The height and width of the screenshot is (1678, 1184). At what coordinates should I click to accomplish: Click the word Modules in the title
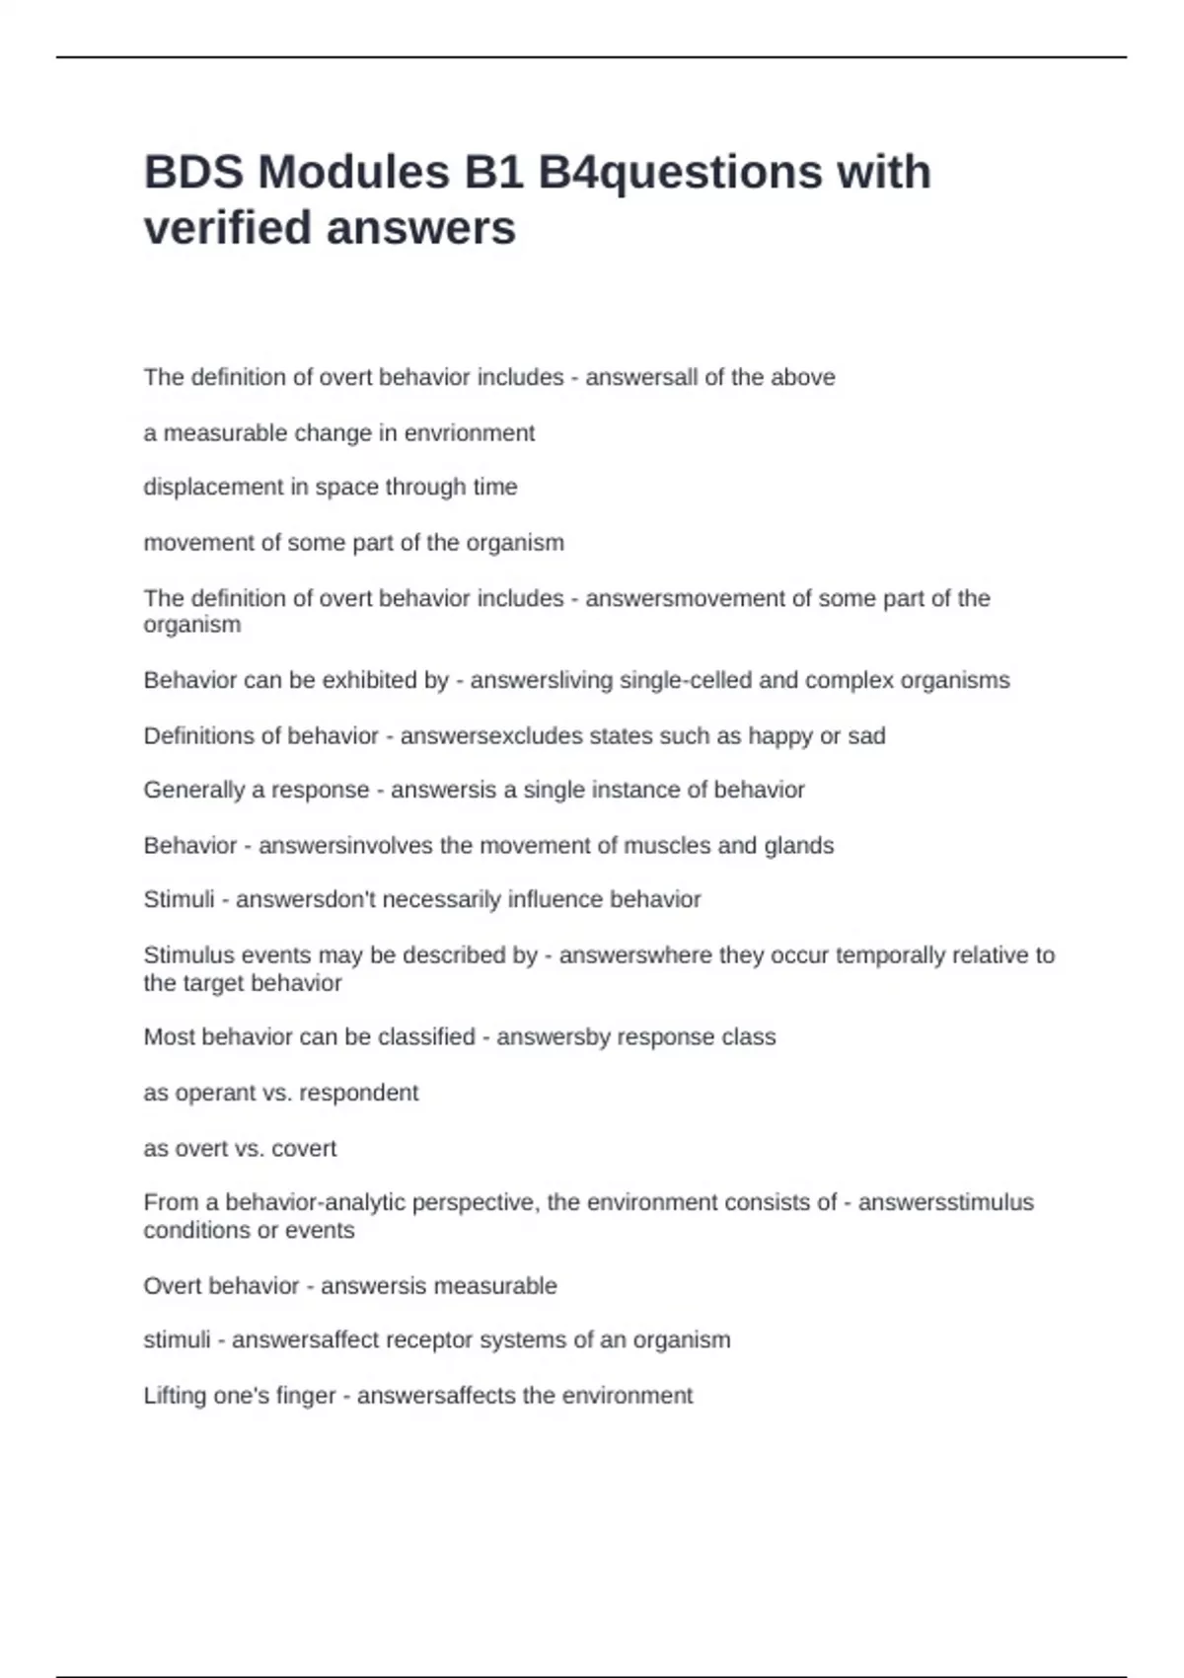pos(353,173)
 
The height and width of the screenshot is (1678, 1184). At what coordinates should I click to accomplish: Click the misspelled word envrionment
pos(470,432)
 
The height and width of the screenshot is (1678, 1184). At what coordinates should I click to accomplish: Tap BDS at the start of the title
pos(193,173)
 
